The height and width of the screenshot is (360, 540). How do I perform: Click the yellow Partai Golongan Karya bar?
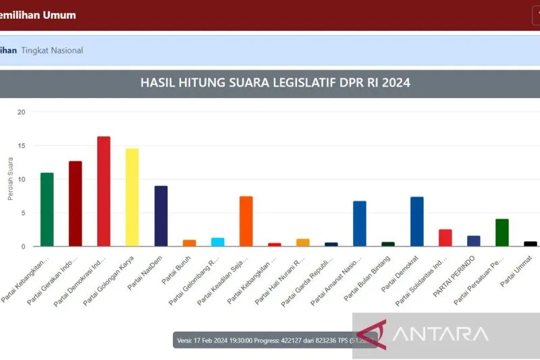132,197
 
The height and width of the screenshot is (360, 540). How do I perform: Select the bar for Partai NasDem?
161,216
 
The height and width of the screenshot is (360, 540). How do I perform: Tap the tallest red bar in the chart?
104,191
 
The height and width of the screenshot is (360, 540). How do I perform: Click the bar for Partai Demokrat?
416,222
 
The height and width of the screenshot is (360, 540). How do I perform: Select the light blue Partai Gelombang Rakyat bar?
217,242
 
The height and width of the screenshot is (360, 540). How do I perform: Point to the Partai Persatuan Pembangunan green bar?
502,232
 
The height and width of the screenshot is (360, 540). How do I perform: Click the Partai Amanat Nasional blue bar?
360,224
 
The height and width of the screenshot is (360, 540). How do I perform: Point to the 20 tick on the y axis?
21,112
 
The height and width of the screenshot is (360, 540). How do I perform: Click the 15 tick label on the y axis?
21,146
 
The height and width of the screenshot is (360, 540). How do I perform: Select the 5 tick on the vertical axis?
23,213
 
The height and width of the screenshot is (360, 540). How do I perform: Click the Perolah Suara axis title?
10,179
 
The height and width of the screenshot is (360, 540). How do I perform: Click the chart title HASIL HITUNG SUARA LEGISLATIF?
275,83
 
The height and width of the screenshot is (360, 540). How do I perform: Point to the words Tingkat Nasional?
52,51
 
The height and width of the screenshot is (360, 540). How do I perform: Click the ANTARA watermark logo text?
439,334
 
